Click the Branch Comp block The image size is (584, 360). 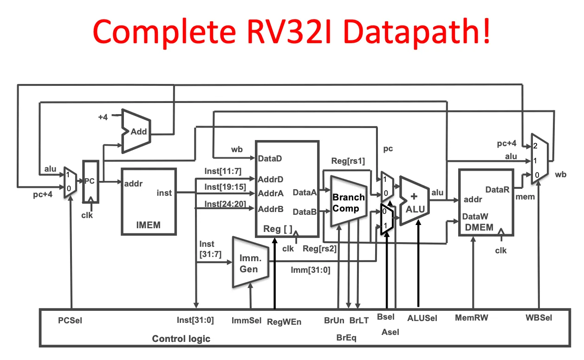(348, 202)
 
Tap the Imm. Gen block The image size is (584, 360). (250, 264)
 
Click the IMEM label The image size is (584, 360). (148, 225)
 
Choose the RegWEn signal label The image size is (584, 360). (284, 321)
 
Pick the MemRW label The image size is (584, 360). (472, 318)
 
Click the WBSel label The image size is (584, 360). (539, 318)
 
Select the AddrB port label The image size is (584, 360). (270, 209)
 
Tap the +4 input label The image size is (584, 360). (103, 117)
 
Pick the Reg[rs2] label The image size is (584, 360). (319, 248)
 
